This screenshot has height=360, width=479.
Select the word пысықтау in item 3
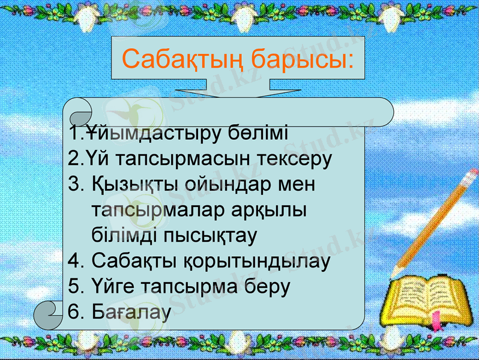click(211, 235)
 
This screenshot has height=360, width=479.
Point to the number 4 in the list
click(74, 261)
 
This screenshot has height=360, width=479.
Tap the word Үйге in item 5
click(114, 286)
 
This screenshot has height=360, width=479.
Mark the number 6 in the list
click(74, 312)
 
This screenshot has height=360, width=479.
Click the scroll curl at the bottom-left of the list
click(49, 314)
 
